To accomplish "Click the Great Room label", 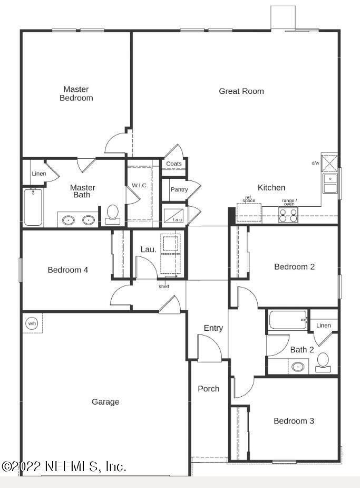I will pyautogui.click(x=241, y=91).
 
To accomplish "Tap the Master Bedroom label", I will pyautogui.click(x=76, y=93).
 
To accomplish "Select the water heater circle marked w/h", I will pyautogui.click(x=32, y=323).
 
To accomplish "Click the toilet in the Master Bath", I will pyautogui.click(x=112, y=214).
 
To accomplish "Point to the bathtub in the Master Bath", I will pyautogui.click(x=33, y=207).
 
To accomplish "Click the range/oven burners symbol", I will pyautogui.click(x=288, y=215).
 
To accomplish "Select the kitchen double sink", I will pyautogui.click(x=330, y=184).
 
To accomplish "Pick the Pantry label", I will pyautogui.click(x=179, y=189).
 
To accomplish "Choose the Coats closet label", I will pyautogui.click(x=174, y=164).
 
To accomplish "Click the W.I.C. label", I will pyautogui.click(x=139, y=185).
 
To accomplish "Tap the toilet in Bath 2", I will pyautogui.click(x=323, y=361).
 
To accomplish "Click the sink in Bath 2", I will pyautogui.click(x=299, y=366).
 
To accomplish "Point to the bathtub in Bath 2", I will pyautogui.click(x=287, y=320).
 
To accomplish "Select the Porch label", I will pyautogui.click(x=208, y=389).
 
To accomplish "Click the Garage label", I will pyautogui.click(x=105, y=402).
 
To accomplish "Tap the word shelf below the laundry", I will pyautogui.click(x=164, y=286).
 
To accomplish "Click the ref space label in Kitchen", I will pyautogui.click(x=249, y=200).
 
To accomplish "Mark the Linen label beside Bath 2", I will pyautogui.click(x=324, y=326).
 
